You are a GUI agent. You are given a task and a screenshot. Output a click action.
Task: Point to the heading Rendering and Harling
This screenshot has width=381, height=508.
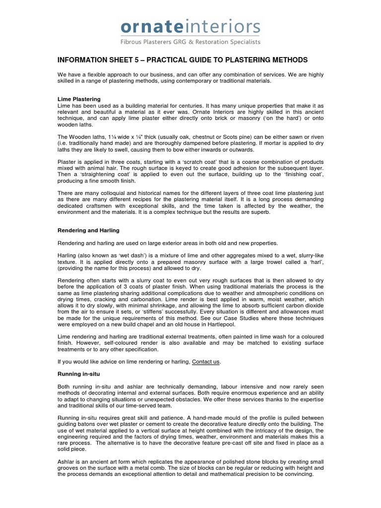click(x=88, y=230)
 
